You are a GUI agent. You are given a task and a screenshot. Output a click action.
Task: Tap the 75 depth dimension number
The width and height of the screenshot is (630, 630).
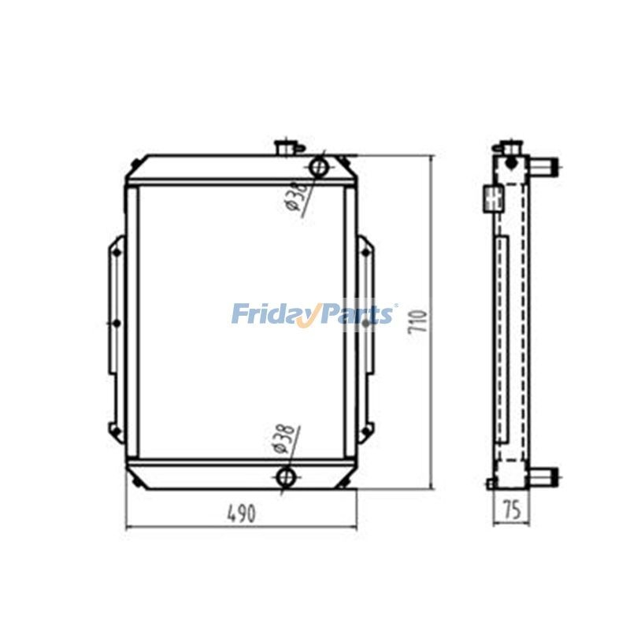click(511, 510)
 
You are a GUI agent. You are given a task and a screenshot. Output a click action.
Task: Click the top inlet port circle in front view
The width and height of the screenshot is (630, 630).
click(319, 167)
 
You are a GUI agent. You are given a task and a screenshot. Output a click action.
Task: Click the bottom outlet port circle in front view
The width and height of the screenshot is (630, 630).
click(286, 476)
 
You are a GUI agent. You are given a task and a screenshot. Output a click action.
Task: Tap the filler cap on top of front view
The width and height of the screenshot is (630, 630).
click(284, 147)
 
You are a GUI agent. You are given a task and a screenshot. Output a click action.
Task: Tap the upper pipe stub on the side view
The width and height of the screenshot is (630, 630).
click(544, 166)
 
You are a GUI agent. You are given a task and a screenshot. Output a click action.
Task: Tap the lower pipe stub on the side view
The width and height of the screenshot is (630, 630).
click(544, 476)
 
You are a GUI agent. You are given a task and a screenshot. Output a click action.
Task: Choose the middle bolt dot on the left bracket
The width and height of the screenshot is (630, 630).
click(116, 323)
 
